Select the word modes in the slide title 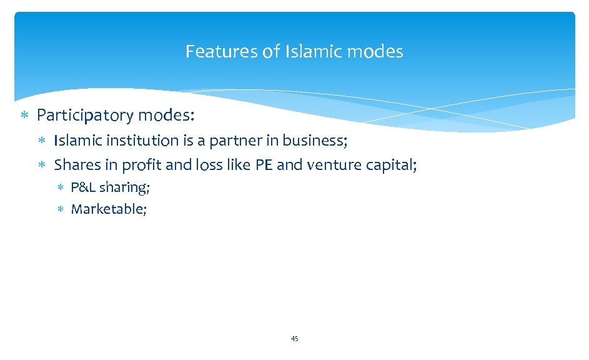pyautogui.click(x=375, y=51)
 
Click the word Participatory pyautogui.click(x=86, y=116)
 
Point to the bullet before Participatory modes pyautogui.click(x=24, y=116)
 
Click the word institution pyautogui.click(x=146, y=141)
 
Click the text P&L pyautogui.click(x=84, y=187)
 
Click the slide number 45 pyautogui.click(x=295, y=339)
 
